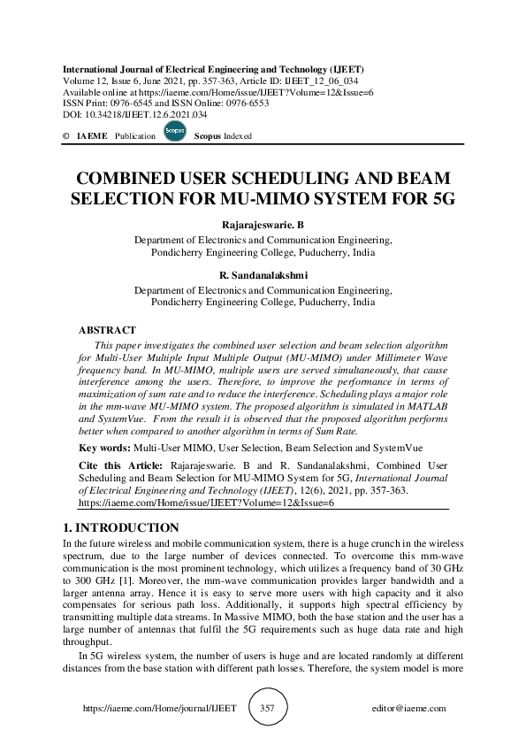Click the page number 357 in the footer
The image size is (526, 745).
click(x=269, y=709)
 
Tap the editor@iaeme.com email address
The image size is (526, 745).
click(x=408, y=709)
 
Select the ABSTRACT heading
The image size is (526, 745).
click(x=107, y=329)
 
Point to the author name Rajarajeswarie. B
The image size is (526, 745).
click(x=263, y=226)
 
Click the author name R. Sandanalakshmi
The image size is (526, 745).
click(x=263, y=275)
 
